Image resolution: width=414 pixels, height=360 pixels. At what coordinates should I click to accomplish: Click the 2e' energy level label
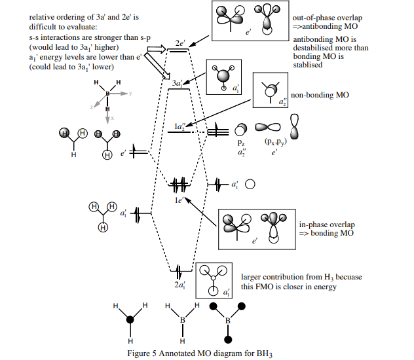pos(179,43)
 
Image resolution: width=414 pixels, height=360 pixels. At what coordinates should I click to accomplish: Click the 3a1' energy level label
pos(177,84)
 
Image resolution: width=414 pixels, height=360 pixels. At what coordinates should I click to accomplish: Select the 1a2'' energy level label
pos(179,125)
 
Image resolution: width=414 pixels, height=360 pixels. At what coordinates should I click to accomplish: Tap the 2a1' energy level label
pos(179,285)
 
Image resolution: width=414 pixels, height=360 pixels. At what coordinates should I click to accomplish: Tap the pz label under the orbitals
pos(241,141)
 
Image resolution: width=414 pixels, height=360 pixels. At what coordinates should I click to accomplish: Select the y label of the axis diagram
pos(130,94)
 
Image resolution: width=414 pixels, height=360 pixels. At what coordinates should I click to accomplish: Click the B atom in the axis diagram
pos(107,94)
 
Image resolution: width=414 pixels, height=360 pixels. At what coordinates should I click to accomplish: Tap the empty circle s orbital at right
pos(250,185)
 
